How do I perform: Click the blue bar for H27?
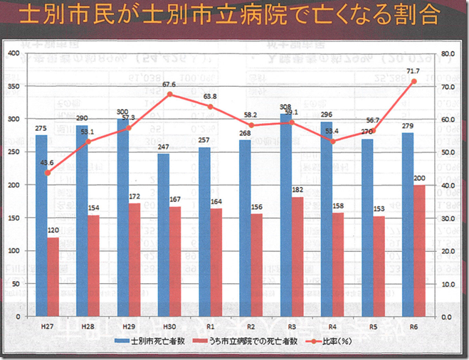[41, 226]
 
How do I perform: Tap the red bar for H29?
[134, 260]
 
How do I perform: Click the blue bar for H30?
[163, 235]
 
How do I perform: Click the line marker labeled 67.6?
[169, 94]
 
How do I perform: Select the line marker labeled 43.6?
[47, 173]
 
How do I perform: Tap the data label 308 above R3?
[285, 107]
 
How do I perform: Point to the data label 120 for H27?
[53, 231]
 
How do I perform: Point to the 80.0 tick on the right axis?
[448, 53]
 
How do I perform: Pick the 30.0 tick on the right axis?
[448, 218]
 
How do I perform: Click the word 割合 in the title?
[419, 16]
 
